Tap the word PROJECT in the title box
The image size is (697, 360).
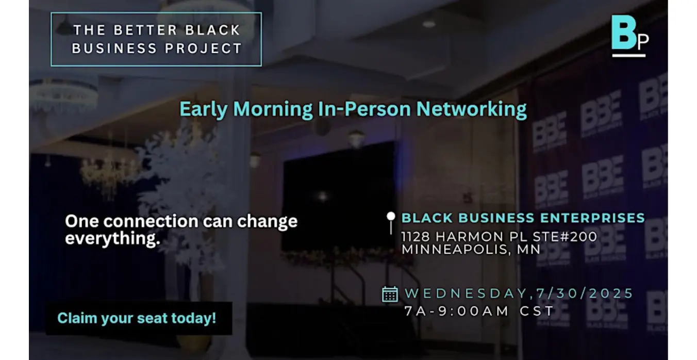pos(204,48)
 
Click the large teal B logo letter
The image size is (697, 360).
pos(623,32)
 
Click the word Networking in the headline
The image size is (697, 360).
pos(471,109)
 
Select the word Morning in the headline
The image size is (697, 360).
pos(273,109)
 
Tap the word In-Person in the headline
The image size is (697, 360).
pos(364,109)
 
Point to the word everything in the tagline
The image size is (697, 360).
pos(112,239)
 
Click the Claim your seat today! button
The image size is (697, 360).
pos(139,318)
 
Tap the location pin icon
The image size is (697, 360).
pos(391,223)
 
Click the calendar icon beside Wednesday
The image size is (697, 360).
pos(390,294)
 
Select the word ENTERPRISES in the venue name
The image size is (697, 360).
pos(592,218)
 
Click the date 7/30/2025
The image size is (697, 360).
pos(585,293)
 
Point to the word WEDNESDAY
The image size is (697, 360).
pos(467,293)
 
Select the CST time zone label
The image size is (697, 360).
pos(537,311)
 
